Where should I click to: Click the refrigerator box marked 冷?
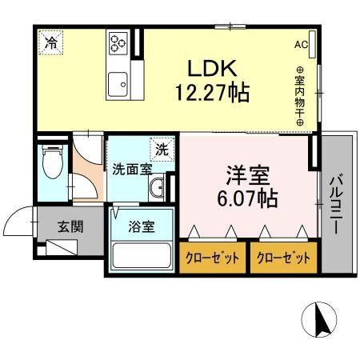[50, 41]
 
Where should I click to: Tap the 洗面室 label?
[132, 170]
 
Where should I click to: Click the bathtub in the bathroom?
[142, 255]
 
